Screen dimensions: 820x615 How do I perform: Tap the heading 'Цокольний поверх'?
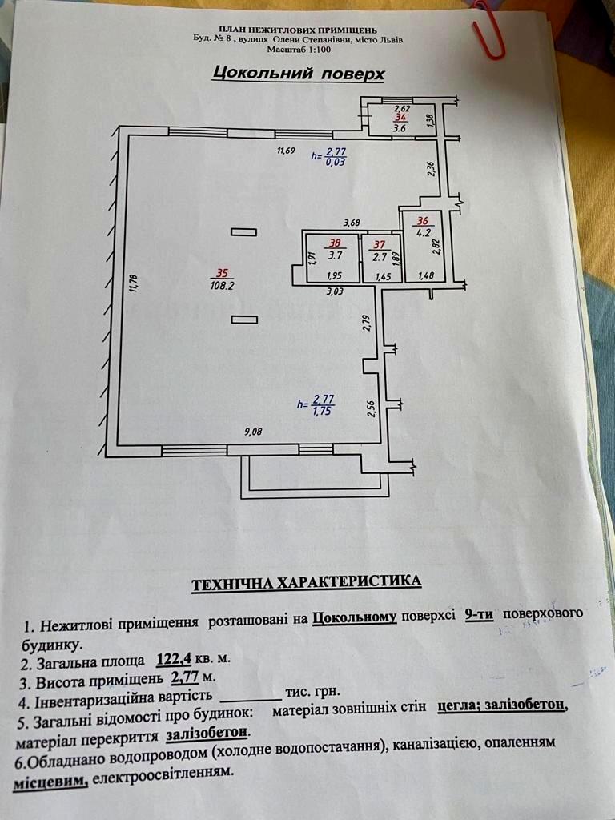tap(298, 74)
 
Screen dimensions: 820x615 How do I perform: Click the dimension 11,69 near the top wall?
tap(286, 150)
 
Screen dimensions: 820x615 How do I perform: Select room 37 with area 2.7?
tap(380, 251)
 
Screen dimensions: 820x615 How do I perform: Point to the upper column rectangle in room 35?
tap(243, 232)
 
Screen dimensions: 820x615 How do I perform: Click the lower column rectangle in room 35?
tap(243, 320)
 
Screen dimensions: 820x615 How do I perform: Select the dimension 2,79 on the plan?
tap(366, 323)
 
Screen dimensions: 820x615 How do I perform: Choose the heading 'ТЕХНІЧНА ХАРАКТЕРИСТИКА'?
tap(306, 583)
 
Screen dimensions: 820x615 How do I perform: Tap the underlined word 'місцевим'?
tap(50, 782)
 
